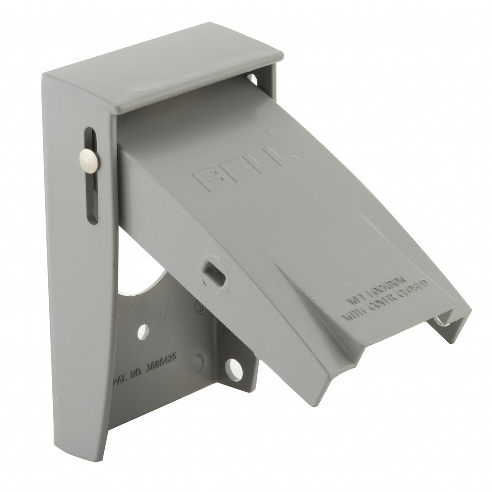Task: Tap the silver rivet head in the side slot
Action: (88, 160)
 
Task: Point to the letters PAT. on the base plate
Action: (120, 379)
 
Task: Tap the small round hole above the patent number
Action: (143, 331)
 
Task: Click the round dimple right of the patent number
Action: (196, 364)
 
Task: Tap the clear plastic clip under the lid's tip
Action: (441, 322)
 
